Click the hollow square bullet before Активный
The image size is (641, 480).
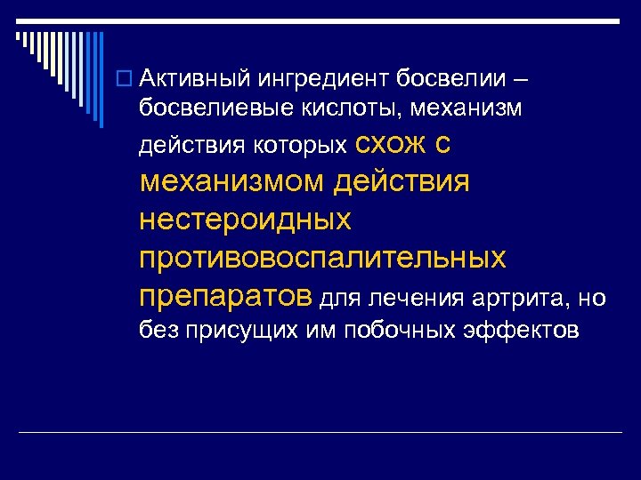[x=128, y=83]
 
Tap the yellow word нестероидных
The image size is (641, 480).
[x=245, y=219]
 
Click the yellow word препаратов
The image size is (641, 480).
[x=226, y=295]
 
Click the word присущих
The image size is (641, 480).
[x=232, y=331]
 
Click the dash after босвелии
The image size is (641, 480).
[x=521, y=82]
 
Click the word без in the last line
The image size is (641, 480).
[x=158, y=331]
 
